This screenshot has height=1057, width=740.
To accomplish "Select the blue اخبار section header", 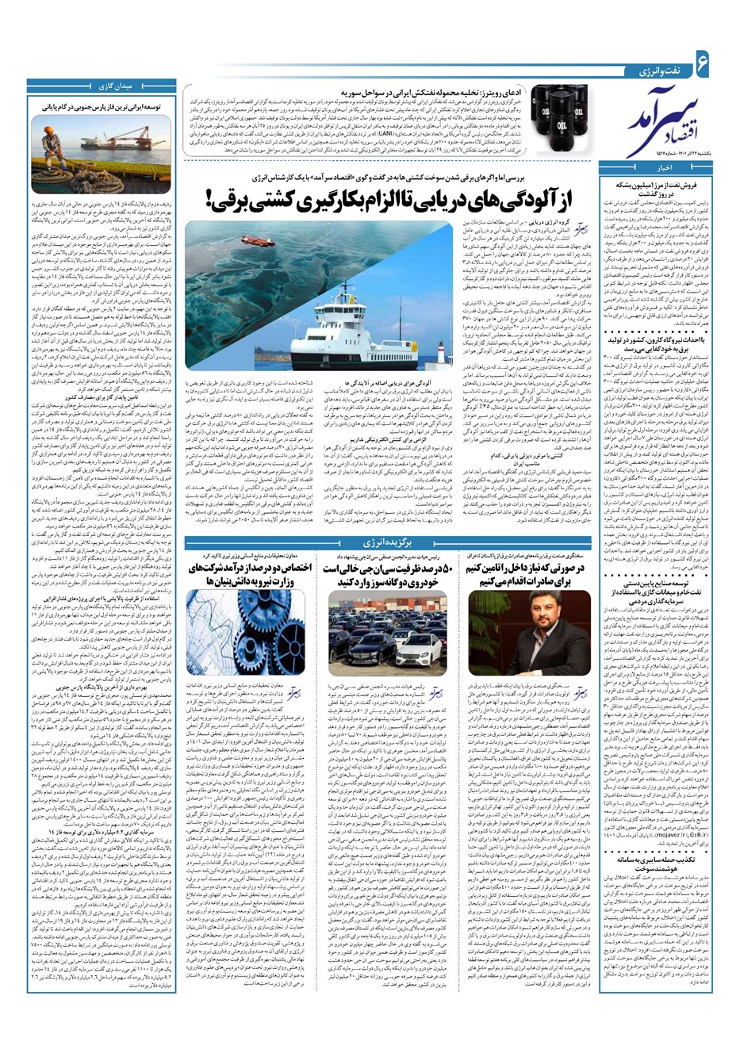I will (x=666, y=167).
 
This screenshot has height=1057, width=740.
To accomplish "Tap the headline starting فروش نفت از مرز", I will (x=665, y=189).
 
